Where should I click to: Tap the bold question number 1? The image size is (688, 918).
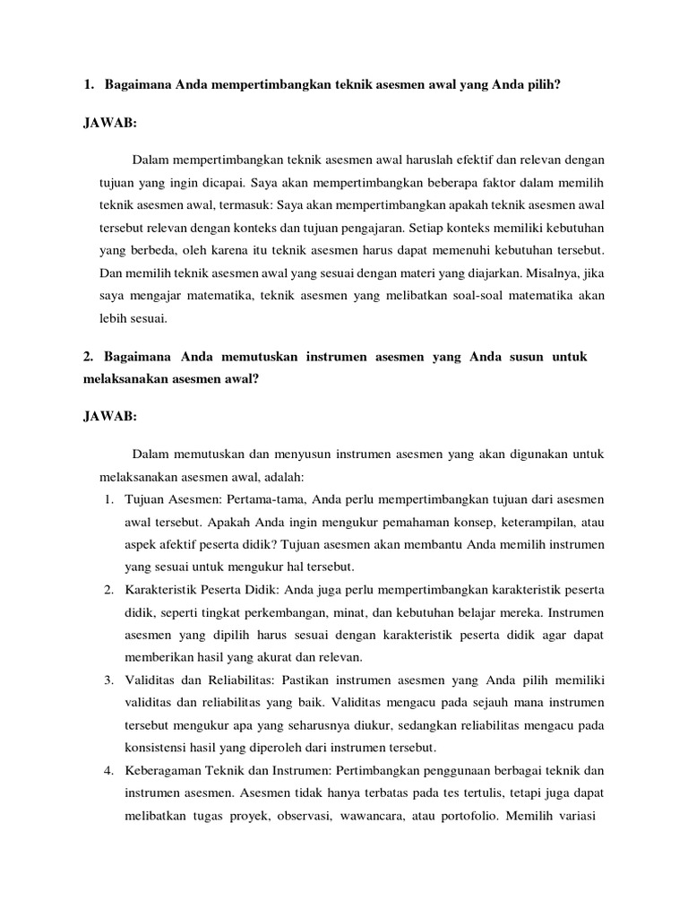(x=89, y=85)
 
